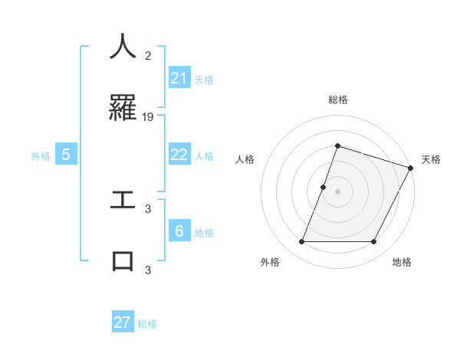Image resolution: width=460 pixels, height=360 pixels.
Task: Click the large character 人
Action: point(123,47)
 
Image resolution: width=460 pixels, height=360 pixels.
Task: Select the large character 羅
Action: point(123,110)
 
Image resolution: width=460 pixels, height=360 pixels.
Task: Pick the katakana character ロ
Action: point(123,260)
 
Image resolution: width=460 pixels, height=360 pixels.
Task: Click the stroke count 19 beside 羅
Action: point(149,117)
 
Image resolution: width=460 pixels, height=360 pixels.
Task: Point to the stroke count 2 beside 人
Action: point(149,55)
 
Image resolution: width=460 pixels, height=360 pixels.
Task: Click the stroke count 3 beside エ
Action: point(149,208)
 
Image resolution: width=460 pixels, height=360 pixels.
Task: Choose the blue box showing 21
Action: point(179,78)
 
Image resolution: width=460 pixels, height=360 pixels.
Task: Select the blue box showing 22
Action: point(179,155)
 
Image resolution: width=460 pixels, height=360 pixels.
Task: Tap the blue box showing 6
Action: point(179,231)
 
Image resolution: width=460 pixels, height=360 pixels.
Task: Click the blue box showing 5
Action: point(66,155)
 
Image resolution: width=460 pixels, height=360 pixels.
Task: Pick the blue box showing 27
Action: point(123,322)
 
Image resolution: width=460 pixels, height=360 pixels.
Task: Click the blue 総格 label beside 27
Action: point(147,324)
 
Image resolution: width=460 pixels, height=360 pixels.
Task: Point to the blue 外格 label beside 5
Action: point(41,156)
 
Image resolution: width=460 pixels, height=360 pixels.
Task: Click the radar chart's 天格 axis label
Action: point(431,159)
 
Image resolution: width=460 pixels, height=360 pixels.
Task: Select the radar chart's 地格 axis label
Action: point(402,262)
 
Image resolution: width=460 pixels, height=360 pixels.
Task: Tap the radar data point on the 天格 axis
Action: point(410,168)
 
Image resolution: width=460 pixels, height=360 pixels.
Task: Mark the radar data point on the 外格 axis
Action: point(301,242)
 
